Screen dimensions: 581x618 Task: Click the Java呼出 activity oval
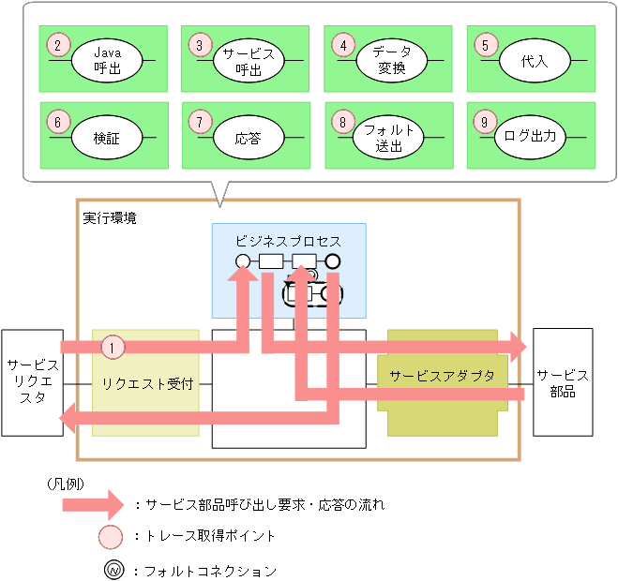(x=107, y=61)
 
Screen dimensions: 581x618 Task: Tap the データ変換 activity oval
(x=391, y=61)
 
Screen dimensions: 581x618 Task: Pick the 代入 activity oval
(x=534, y=61)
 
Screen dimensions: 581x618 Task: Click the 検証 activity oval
(x=107, y=138)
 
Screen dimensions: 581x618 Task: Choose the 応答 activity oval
(x=249, y=138)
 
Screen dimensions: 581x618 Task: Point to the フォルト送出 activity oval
(x=391, y=138)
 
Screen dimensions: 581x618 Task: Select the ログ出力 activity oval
(x=534, y=138)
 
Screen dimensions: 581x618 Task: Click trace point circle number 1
(x=113, y=347)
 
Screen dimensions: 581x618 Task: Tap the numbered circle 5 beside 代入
(x=485, y=44)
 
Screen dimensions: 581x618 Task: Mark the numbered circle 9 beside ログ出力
(x=485, y=121)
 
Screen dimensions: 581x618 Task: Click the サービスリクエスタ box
(x=32, y=382)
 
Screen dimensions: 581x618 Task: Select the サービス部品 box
(x=563, y=382)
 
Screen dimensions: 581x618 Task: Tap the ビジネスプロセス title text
(x=289, y=241)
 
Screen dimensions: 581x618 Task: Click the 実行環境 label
(x=110, y=217)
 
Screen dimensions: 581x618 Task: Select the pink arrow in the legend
(x=93, y=505)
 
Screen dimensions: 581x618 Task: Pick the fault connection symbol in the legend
(x=113, y=569)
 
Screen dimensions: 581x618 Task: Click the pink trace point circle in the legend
(x=113, y=537)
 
